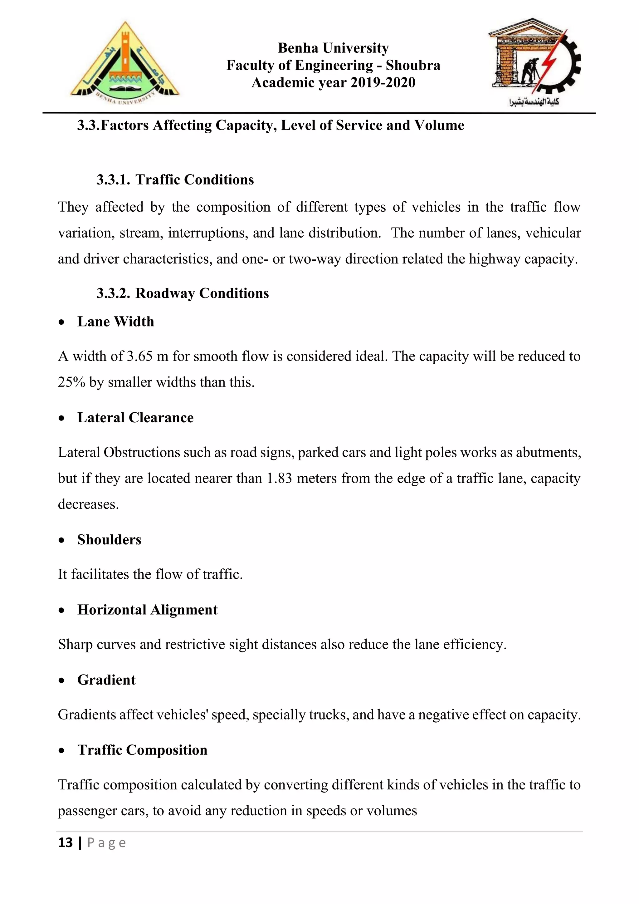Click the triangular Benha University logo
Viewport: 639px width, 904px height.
coord(124,63)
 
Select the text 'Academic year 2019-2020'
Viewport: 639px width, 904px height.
coord(333,83)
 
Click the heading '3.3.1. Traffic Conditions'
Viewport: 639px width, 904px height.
coord(175,179)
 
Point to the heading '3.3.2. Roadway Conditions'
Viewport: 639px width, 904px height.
coord(183,293)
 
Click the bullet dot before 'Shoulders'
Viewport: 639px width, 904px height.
coord(61,540)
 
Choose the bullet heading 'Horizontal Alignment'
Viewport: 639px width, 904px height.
coord(147,610)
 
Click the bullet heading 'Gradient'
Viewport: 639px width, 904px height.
coord(106,680)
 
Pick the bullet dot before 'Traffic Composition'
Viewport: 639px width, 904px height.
coord(61,750)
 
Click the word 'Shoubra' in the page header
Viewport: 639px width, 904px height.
coord(413,65)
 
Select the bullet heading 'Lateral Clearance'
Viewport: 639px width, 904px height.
coord(135,418)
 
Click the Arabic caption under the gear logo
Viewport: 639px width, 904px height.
coord(534,102)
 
